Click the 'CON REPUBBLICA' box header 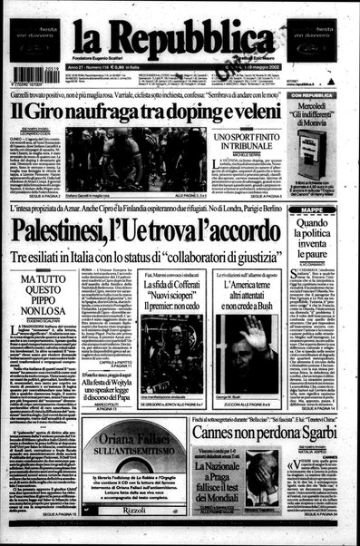324,93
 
